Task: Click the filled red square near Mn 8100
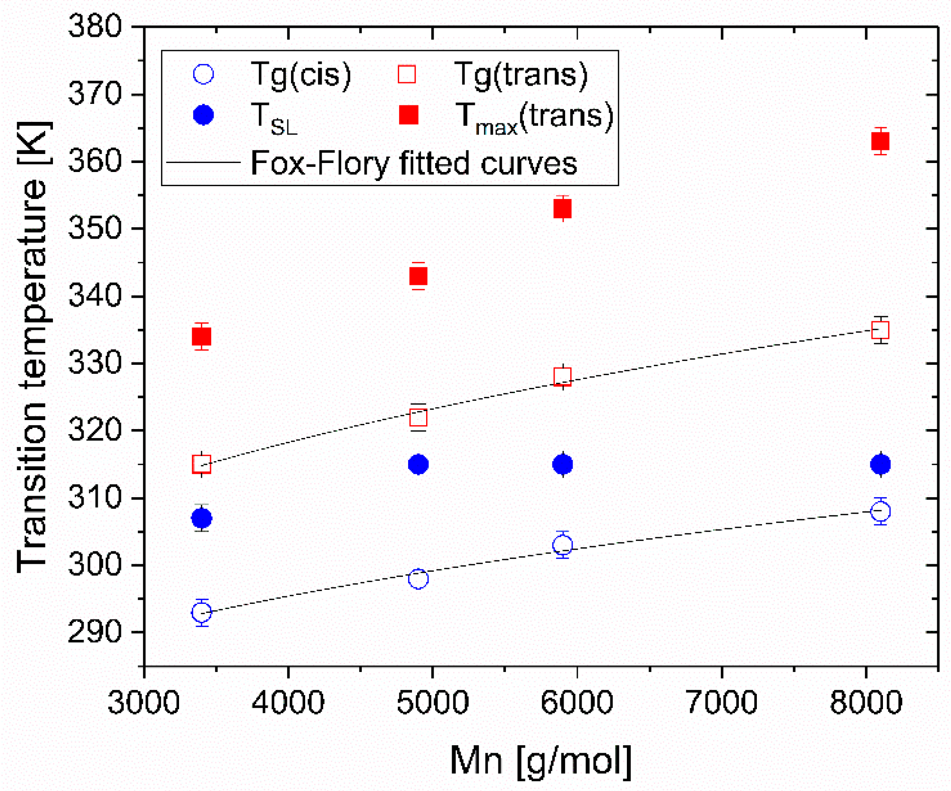pyautogui.click(x=880, y=141)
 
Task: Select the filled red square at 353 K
pyautogui.click(x=562, y=208)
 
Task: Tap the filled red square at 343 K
pyautogui.click(x=418, y=276)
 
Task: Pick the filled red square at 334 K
pyautogui.click(x=202, y=336)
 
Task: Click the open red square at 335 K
pyautogui.click(x=880, y=330)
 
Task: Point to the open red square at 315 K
pyautogui.click(x=202, y=464)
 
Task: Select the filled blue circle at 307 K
pyautogui.click(x=202, y=518)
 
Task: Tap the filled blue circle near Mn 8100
pyautogui.click(x=880, y=464)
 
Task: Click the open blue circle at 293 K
pyautogui.click(x=202, y=612)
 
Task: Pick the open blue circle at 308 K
pyautogui.click(x=880, y=511)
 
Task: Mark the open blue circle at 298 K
pyautogui.click(x=418, y=578)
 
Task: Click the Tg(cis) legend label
pyautogui.click(x=301, y=75)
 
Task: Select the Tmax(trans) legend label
pyautogui.click(x=534, y=117)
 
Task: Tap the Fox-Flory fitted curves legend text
pyautogui.click(x=413, y=163)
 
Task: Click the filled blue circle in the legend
pyautogui.click(x=204, y=115)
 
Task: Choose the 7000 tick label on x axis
pyautogui.click(x=721, y=702)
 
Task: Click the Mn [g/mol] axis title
pyautogui.click(x=540, y=761)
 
